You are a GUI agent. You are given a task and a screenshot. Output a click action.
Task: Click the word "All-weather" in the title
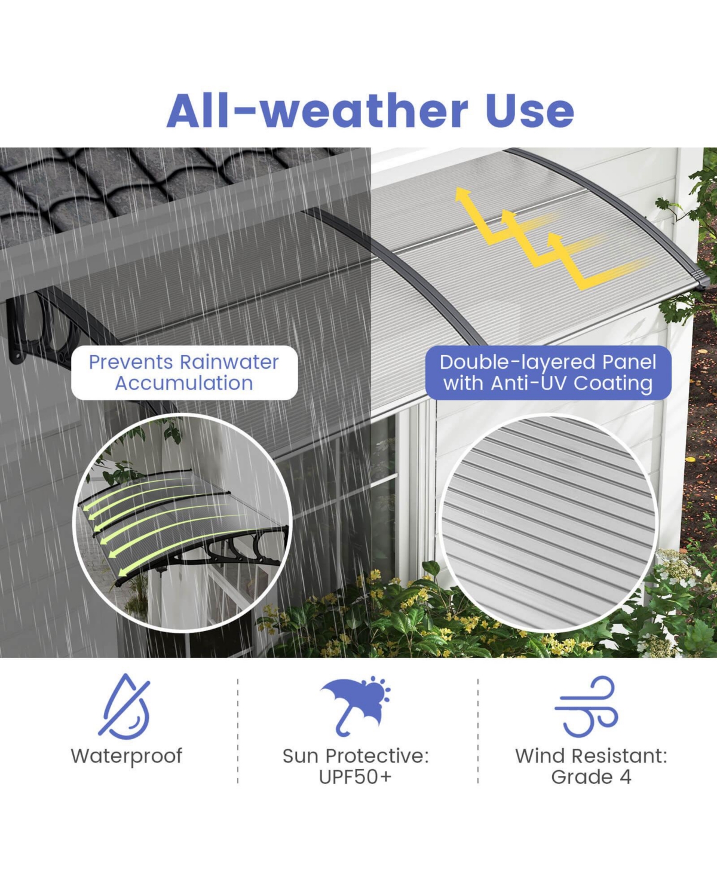(x=317, y=111)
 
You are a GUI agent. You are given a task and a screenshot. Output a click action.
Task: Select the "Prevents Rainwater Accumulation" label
(x=184, y=372)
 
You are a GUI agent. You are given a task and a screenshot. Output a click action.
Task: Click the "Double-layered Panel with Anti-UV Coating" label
(x=548, y=372)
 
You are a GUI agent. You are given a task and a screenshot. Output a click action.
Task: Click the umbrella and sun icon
(x=356, y=705)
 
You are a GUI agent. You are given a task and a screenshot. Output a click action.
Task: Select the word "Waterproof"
(x=126, y=756)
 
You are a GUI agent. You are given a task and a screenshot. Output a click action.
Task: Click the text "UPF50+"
(x=356, y=777)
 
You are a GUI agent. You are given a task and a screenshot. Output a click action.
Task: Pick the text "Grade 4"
(x=591, y=777)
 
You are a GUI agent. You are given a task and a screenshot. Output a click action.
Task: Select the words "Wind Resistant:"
(x=591, y=756)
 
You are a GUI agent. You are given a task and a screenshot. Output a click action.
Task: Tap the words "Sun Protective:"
(x=356, y=756)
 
